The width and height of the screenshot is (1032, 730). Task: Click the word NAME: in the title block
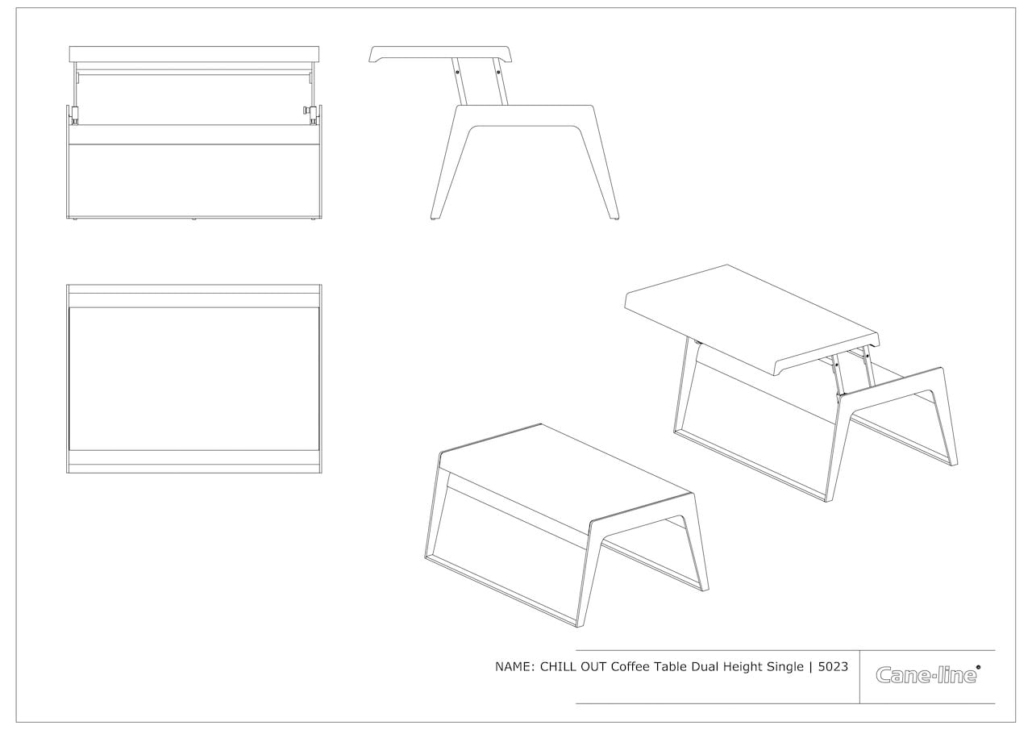click(x=514, y=667)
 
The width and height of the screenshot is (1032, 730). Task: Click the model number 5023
click(x=833, y=667)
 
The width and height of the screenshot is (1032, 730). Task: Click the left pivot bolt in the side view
click(x=457, y=72)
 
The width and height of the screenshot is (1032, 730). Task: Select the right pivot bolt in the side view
click(x=498, y=72)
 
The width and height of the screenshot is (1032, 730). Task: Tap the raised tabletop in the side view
click(x=440, y=53)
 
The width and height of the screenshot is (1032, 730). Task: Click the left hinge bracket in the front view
click(x=73, y=115)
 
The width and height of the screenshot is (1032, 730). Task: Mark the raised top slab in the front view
click(x=194, y=54)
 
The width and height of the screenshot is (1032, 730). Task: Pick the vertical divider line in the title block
click(x=859, y=677)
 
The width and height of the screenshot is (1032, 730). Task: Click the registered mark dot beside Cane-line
click(x=978, y=666)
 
